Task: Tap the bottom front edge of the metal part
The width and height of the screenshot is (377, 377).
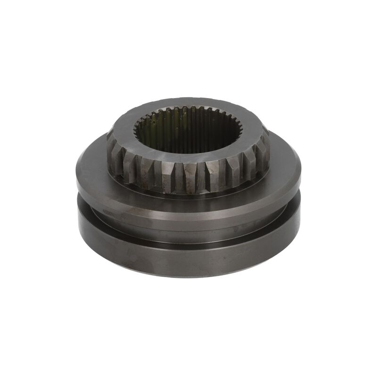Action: (x=188, y=277)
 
